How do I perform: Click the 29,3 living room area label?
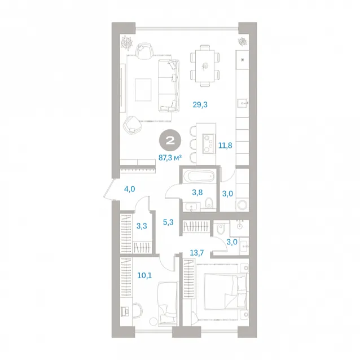[x=200, y=105]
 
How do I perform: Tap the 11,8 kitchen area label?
[x=225, y=146]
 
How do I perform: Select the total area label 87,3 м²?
[x=170, y=158]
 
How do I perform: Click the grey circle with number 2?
[x=170, y=141]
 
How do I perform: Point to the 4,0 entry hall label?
[x=129, y=189]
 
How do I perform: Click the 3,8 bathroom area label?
[x=197, y=192]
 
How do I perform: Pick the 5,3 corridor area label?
[x=168, y=222]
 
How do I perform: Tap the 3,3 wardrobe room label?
[x=142, y=226]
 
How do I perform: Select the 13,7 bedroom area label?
[x=197, y=253]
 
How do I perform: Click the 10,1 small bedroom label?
[x=144, y=275]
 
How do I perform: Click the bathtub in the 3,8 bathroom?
[x=199, y=177]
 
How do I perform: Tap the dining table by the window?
[x=205, y=66]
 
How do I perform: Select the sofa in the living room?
[x=169, y=86]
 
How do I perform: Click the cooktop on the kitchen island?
[x=208, y=144]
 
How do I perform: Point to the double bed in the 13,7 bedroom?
[x=226, y=292]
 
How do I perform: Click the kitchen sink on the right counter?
[x=243, y=104]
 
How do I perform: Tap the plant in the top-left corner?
[x=127, y=43]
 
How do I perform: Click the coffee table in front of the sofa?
[x=143, y=90]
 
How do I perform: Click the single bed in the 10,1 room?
[x=168, y=304]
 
